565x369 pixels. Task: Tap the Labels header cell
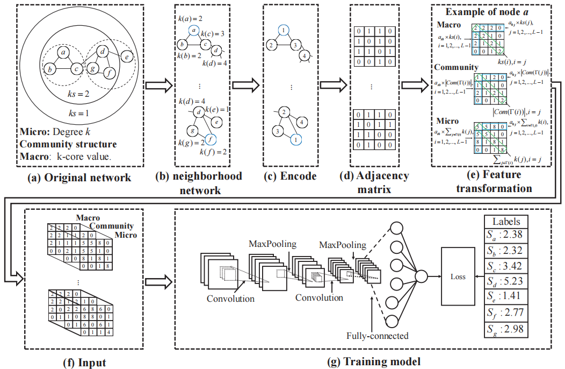[505, 221]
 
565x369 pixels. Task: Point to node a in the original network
[63, 52]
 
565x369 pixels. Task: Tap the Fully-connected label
[377, 336]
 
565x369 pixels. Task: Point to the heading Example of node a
[494, 12]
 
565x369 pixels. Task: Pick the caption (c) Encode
[288, 176]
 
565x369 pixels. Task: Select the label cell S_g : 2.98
[505, 329]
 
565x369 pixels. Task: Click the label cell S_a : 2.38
[505, 235]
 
